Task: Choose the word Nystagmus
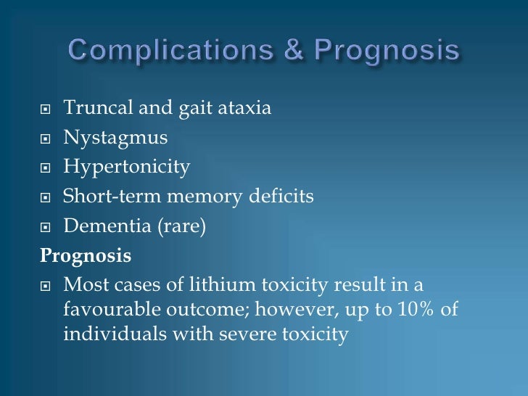pos(115,138)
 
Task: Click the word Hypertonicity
pos(127,168)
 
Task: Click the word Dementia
pos(102,226)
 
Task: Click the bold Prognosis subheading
pos(86,256)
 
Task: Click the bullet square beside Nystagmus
pos(46,139)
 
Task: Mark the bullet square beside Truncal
pos(46,110)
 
